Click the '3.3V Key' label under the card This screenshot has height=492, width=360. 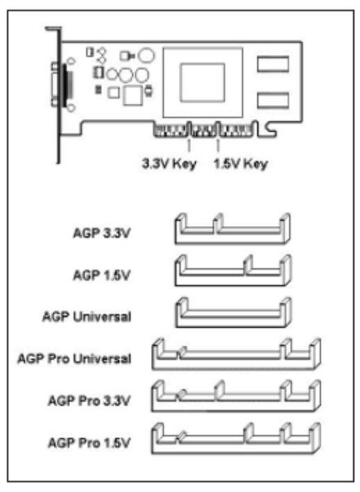(170, 164)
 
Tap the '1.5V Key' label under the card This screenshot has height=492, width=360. (240, 164)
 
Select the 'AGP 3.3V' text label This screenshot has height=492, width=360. (101, 233)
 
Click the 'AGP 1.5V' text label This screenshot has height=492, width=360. (101, 275)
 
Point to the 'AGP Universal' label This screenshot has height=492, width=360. (87, 317)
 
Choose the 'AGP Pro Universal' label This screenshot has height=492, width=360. (74, 359)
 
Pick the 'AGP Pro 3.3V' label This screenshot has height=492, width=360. (89, 401)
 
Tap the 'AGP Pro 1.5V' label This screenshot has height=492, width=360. (89, 443)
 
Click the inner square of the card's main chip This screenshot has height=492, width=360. (202, 83)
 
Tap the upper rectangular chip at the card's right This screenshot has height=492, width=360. (273, 64)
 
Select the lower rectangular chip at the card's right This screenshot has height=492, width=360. (273, 100)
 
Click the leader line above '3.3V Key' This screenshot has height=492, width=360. (188, 146)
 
